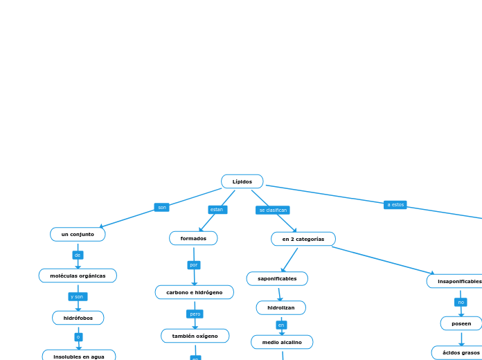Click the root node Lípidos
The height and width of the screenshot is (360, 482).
point(242,181)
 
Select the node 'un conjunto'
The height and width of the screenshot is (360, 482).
point(78,234)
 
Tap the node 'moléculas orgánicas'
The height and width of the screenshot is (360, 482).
point(78,276)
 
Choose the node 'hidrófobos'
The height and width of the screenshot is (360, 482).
point(78,318)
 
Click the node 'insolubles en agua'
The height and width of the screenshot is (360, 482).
point(79,356)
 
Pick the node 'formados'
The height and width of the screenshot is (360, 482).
point(193,238)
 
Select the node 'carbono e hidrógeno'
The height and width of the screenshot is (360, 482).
point(194,292)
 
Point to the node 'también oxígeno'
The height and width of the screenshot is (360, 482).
point(195,336)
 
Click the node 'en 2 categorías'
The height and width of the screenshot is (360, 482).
point(303,239)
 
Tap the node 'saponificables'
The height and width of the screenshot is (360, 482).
point(277,278)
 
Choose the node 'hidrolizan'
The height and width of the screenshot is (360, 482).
point(280,307)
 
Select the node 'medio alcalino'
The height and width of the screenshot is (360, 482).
point(282,342)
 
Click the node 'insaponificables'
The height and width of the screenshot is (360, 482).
point(457,281)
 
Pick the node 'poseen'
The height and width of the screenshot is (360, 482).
point(461,323)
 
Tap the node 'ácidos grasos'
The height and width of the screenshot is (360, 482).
point(460,352)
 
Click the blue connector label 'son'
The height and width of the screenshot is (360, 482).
point(161,207)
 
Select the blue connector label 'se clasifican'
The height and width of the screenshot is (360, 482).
point(272,210)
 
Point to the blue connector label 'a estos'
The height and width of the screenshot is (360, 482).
point(395,204)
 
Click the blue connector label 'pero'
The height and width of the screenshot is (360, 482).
point(195,314)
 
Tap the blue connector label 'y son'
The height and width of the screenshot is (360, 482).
point(78,296)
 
